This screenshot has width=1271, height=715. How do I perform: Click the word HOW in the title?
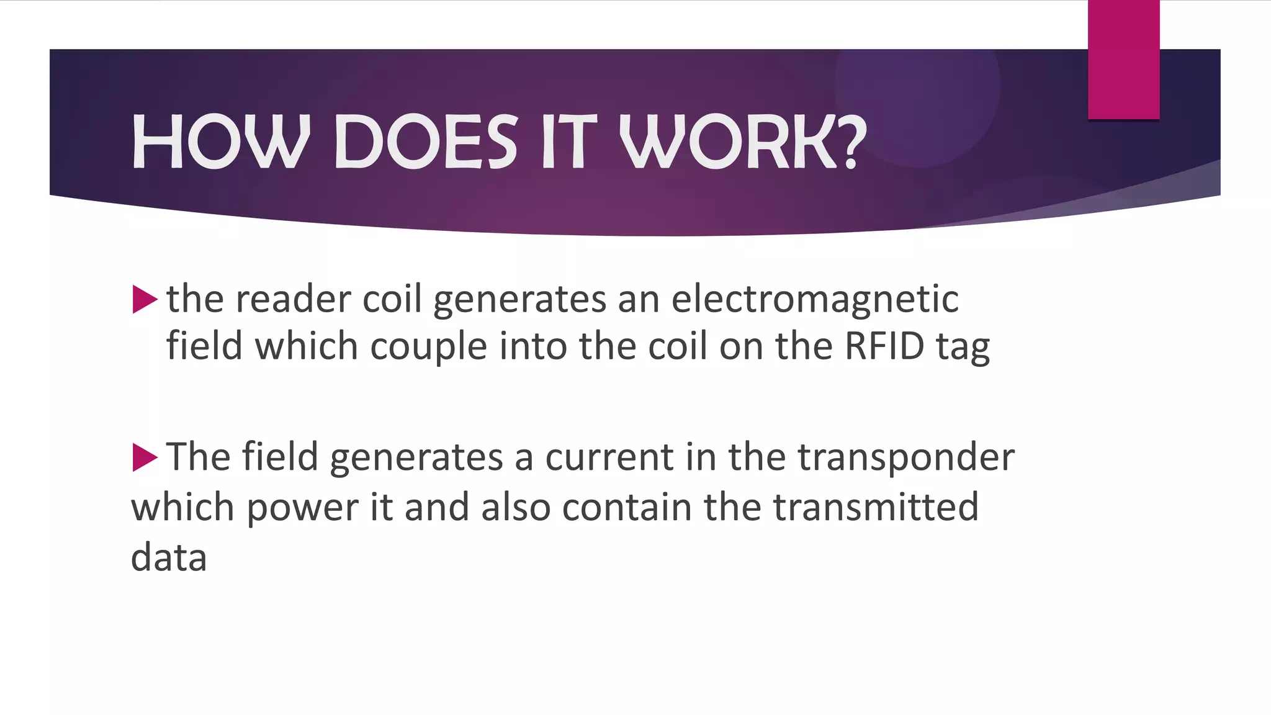coord(221,142)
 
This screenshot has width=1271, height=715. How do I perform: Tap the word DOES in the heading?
coord(426,142)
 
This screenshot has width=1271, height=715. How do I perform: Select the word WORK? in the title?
coord(743,142)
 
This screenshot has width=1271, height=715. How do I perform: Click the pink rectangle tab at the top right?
coord(1123,60)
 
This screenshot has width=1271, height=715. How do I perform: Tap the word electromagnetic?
coord(815,299)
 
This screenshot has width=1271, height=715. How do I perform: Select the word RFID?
coord(884,346)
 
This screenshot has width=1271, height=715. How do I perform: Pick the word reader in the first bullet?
coord(293,299)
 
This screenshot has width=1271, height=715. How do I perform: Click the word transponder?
coord(905,458)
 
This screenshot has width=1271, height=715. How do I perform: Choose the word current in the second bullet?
coord(609,458)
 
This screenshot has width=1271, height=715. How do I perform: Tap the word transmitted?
coord(876,507)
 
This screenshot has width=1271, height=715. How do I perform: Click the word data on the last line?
coord(169,557)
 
